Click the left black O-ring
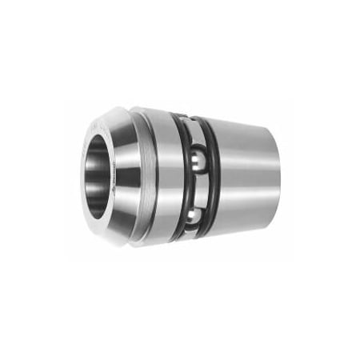point(183,180)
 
